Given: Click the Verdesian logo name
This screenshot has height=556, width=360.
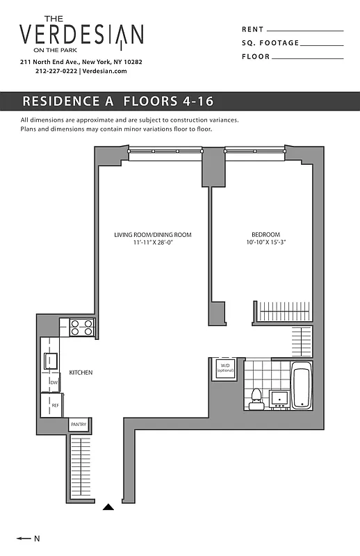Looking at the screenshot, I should coord(81,35).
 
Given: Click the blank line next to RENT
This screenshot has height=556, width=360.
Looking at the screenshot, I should coord(305,31).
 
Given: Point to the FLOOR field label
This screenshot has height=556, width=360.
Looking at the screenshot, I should coord(256,56).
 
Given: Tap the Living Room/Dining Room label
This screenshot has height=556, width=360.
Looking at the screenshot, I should coord(153,235).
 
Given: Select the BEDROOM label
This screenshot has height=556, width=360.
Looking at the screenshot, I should coord(265,234).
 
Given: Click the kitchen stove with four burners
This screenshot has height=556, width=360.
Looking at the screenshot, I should coord(82,327).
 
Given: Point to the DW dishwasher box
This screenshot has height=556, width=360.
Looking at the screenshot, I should coord(54,382).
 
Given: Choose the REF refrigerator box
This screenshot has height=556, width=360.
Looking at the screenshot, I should coord(54,404).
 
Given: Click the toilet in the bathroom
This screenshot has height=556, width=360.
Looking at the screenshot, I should coord(255,397).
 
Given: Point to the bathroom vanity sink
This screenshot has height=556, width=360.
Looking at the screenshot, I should coord(279,398).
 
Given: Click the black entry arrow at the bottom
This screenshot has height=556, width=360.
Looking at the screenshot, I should coord(108,508).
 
